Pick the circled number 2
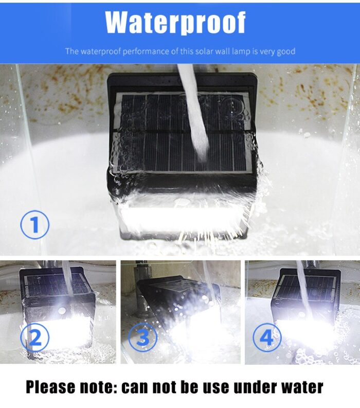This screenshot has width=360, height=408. pos(35,338)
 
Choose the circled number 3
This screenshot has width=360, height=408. pos(143,338)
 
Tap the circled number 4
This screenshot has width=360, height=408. pos(267,338)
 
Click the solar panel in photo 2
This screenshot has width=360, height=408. pos(46,286)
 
